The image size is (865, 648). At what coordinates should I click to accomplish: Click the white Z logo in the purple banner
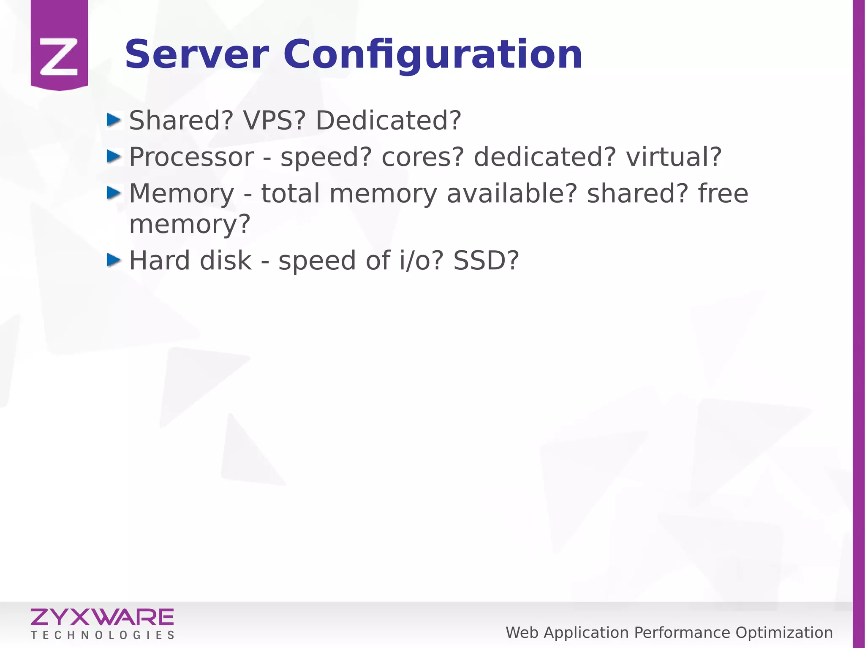(x=59, y=57)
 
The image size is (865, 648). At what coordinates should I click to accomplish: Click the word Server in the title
(x=197, y=55)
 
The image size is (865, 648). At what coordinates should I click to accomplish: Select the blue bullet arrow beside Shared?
(x=114, y=120)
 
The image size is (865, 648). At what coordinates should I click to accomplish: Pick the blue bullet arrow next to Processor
(x=114, y=157)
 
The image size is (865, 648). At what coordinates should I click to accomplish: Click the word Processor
(x=191, y=157)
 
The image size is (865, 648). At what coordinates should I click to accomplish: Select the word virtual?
(x=674, y=157)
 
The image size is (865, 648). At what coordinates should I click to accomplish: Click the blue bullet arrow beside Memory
(x=114, y=193)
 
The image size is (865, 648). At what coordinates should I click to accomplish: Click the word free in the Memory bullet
(x=723, y=193)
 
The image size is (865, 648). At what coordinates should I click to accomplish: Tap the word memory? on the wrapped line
(x=190, y=225)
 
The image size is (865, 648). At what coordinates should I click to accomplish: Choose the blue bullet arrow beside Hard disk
(x=114, y=260)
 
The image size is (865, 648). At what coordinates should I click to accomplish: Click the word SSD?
(x=486, y=260)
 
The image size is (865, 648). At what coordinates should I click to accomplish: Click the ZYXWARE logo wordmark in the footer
(x=102, y=617)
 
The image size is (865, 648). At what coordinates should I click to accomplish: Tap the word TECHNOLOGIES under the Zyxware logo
(x=102, y=635)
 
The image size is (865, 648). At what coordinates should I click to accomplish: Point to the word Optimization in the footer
(x=784, y=633)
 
